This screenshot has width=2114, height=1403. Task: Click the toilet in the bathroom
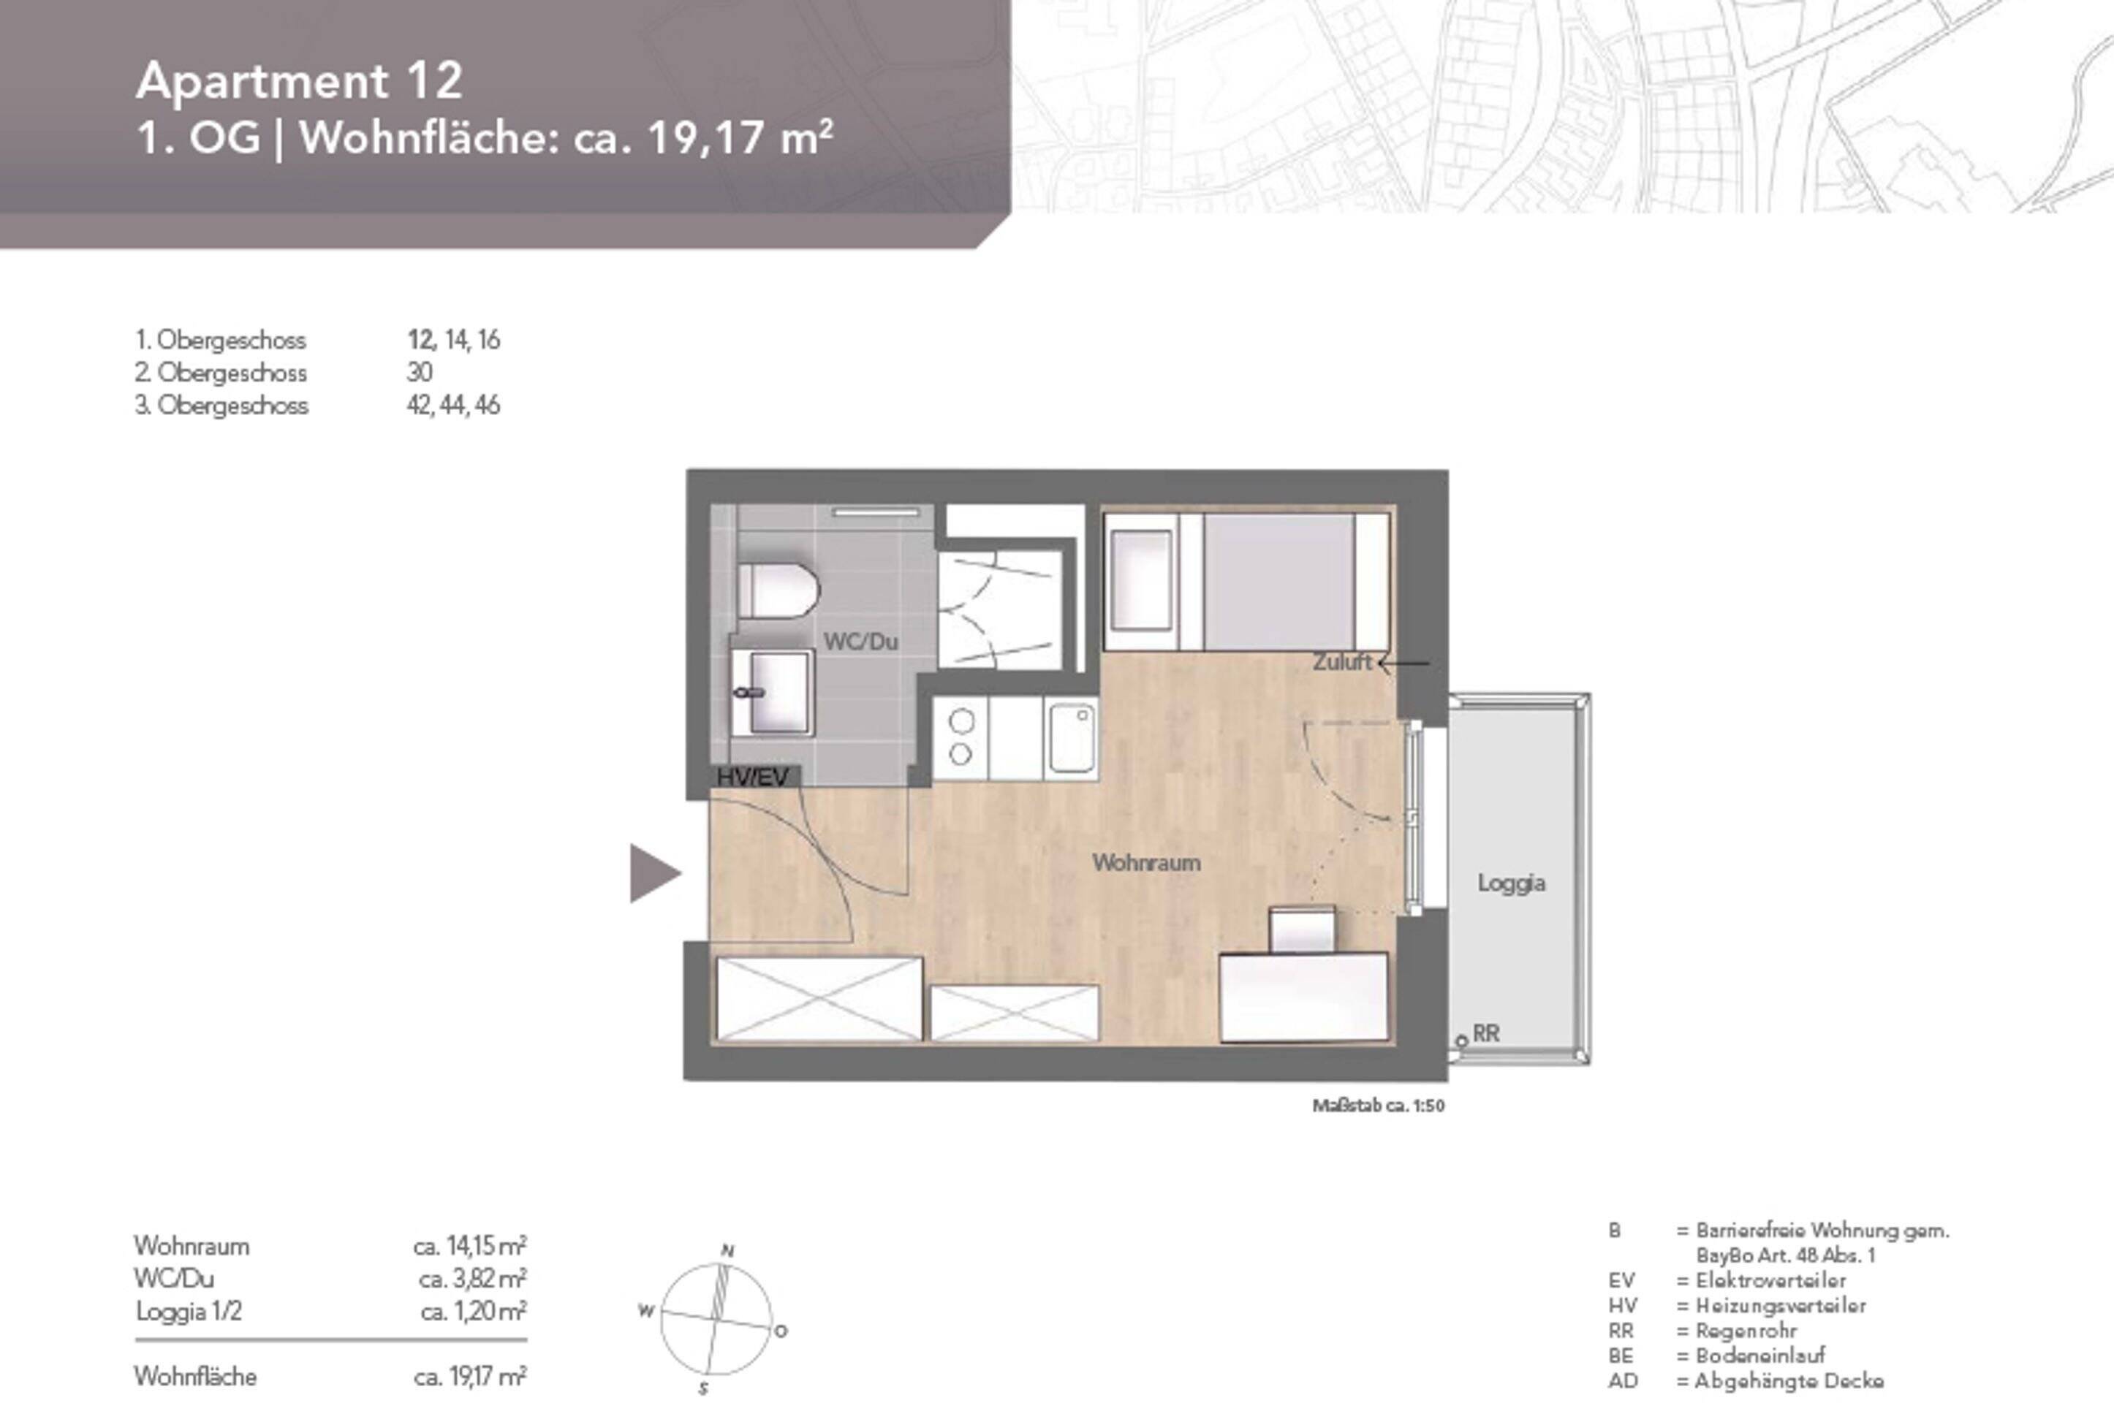pyautogui.click(x=777, y=590)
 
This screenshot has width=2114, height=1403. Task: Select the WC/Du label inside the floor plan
pyautogui.click(x=860, y=642)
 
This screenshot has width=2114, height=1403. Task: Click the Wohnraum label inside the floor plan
pyautogui.click(x=1145, y=862)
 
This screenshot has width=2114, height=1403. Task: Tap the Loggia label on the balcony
pyautogui.click(x=1511, y=883)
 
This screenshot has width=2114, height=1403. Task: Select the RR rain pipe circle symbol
pyautogui.click(x=1461, y=1041)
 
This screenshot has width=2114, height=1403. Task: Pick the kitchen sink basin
pyautogui.click(x=1072, y=738)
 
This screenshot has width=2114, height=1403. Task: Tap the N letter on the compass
pyautogui.click(x=727, y=1251)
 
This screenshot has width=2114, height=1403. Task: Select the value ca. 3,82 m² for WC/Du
pyautogui.click(x=471, y=1279)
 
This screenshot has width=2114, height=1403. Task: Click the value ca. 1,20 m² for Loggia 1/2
pyautogui.click(x=472, y=1312)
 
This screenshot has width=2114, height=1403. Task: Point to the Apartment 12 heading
pyautogui.click(x=299, y=81)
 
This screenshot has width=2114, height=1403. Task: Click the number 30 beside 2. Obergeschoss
pyautogui.click(x=419, y=372)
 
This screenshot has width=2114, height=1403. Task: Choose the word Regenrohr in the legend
pyautogui.click(x=1746, y=1331)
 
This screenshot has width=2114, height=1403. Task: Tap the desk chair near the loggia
pyautogui.click(x=1302, y=929)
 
